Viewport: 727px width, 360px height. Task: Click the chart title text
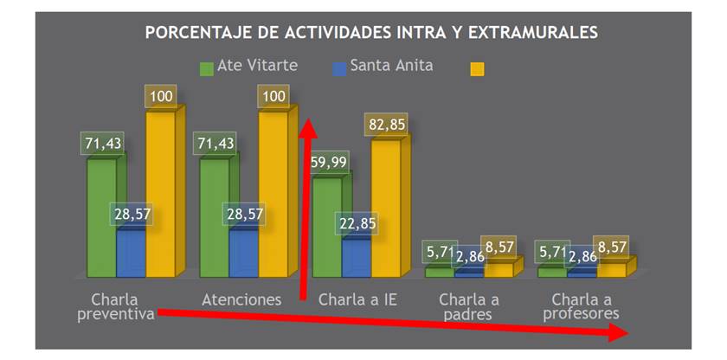[371, 33]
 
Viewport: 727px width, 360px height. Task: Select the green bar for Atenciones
[214, 216]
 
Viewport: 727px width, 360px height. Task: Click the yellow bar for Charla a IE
[385, 208]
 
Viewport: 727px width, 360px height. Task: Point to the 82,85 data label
[385, 125]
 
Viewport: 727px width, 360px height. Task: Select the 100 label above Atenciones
[273, 96]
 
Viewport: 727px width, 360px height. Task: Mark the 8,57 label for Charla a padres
[499, 247]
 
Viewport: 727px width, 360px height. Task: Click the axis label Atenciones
[241, 299]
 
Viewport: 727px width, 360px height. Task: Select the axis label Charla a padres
[467, 307]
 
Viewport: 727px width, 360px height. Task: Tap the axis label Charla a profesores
[581, 307]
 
